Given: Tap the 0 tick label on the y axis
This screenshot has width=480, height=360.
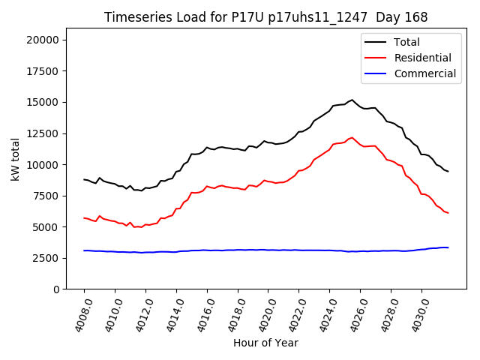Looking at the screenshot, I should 57,289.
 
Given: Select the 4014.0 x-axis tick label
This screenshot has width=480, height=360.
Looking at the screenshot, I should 169,314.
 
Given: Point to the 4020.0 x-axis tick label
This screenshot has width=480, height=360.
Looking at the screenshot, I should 262,314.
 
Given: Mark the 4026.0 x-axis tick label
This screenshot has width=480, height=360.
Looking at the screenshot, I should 354,314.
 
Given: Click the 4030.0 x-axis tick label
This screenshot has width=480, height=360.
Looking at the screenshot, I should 415,314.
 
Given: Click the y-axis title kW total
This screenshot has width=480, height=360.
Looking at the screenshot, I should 16,163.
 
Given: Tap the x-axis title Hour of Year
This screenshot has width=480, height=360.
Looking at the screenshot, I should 265,343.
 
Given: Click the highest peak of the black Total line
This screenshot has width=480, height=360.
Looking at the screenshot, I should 352,100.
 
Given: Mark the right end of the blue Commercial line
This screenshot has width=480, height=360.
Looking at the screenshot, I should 448,247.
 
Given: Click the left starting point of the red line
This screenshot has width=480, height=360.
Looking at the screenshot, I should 84,217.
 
